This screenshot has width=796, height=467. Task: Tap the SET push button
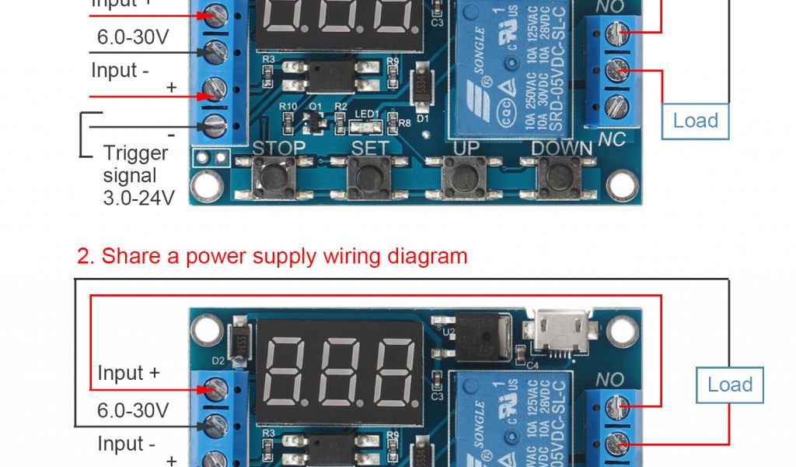(369, 177)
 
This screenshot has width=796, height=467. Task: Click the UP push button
(465, 177)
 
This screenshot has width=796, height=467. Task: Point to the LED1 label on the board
(367, 113)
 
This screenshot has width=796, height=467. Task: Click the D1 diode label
(423, 119)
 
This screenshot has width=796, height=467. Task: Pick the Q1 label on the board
(316, 106)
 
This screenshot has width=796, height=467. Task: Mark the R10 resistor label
(288, 106)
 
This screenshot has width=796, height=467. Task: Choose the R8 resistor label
(405, 122)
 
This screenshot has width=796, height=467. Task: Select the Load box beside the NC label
(695, 121)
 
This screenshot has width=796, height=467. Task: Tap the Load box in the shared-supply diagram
(729, 384)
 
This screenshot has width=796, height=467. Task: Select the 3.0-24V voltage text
(138, 198)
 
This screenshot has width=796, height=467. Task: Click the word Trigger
(135, 153)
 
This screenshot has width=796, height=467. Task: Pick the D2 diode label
(218, 360)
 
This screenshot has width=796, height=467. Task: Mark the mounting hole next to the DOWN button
(623, 184)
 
